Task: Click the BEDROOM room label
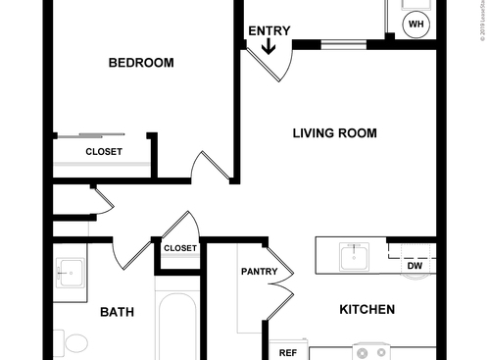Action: [140, 63]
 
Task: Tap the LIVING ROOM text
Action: [334, 133]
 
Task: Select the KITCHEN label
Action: [367, 310]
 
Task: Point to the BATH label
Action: [117, 313]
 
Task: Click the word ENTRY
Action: [269, 30]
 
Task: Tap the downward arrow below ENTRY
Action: [269, 45]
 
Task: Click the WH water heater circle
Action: [416, 25]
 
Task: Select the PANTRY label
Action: [259, 272]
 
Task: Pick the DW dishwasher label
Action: [414, 265]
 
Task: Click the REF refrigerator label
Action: [287, 352]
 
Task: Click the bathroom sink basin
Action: [70, 272]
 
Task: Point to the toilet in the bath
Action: [73, 343]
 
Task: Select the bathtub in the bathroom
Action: [176, 329]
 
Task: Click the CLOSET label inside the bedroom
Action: [103, 152]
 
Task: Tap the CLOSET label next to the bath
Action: [179, 248]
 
